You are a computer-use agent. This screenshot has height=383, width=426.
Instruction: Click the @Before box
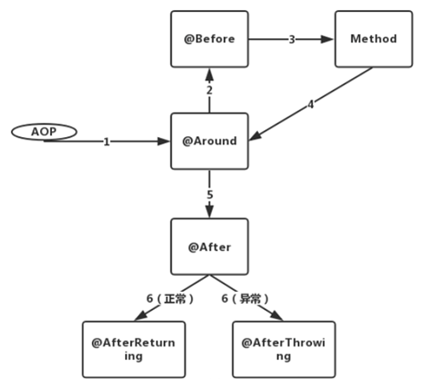[x=210, y=39]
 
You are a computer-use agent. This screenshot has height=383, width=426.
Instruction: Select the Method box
[x=374, y=39]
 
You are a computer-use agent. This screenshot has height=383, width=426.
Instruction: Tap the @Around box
[x=210, y=141]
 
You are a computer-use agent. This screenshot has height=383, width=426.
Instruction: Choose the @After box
[x=210, y=247]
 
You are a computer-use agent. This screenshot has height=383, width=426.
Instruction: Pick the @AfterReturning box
[x=134, y=350]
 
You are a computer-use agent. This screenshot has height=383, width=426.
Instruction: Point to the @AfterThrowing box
[x=284, y=350]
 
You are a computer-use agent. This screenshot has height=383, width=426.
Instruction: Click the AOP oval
[x=44, y=132]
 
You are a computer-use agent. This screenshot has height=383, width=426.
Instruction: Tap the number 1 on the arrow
[x=106, y=141]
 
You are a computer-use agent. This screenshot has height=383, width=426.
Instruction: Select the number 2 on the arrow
[x=210, y=90]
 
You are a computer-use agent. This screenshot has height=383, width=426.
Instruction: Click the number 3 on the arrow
[x=292, y=39]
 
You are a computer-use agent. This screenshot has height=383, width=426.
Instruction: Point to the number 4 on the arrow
[x=311, y=105]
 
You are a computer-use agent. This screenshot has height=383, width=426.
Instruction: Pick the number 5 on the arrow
[x=210, y=195]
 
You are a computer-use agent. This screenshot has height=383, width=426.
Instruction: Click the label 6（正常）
[x=170, y=299]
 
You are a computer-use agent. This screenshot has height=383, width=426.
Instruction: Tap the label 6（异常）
[x=245, y=299]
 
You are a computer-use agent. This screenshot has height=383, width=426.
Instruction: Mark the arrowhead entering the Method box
[x=327, y=39]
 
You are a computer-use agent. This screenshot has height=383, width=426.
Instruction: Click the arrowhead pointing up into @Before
[x=210, y=75]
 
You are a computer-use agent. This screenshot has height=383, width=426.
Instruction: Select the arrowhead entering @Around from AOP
[x=164, y=141]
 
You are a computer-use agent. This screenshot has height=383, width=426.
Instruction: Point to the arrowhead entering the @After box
[x=210, y=211]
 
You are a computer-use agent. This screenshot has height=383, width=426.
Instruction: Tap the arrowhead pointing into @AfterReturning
[x=141, y=316]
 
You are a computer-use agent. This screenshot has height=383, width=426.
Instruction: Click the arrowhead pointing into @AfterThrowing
[x=276, y=316]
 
